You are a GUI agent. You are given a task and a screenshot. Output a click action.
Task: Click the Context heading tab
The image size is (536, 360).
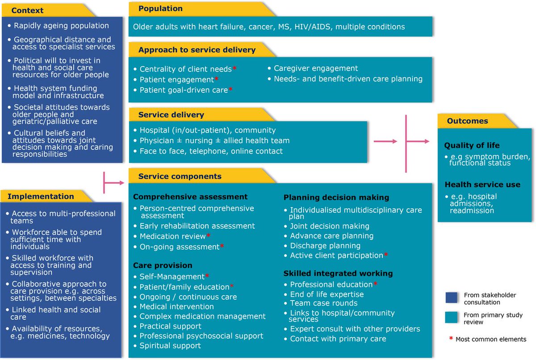pyautogui.click(x=28, y=10)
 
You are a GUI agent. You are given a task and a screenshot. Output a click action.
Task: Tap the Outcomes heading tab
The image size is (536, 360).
pyautogui.click(x=468, y=121)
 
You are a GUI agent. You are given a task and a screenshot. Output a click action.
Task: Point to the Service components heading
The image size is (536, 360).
pyautogui.click(x=180, y=176)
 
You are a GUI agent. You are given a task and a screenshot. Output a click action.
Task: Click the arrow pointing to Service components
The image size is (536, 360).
pyautogui.click(x=114, y=182)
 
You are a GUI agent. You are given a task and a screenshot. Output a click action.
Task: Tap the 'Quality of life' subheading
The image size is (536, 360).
pyautogui.click(x=472, y=145)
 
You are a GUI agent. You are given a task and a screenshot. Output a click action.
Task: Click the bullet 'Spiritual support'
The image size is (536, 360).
pyautogui.click(x=170, y=346)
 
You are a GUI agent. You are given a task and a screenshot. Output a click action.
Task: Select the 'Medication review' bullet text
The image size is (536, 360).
pyautogui.click(x=172, y=236)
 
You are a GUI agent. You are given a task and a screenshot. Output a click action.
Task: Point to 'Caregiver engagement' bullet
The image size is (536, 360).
pyautogui.click(x=316, y=68)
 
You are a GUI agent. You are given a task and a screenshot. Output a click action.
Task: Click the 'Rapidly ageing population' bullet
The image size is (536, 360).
pyautogui.click(x=61, y=25)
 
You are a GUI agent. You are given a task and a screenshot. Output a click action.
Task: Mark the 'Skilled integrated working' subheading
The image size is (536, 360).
pyautogui.click(x=338, y=273)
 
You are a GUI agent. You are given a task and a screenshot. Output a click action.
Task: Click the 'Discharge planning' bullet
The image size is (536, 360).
pyautogui.click(x=325, y=246)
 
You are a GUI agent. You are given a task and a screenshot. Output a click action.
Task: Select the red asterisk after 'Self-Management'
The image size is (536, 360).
pyautogui.click(x=207, y=276)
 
